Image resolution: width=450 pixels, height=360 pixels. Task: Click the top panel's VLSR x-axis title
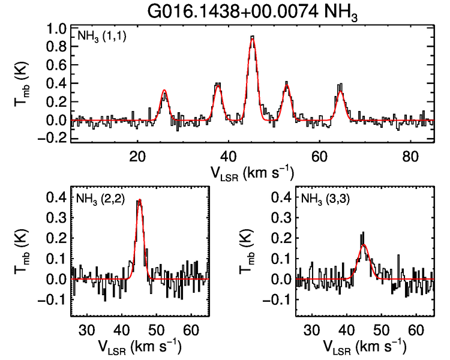tap(252, 173)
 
